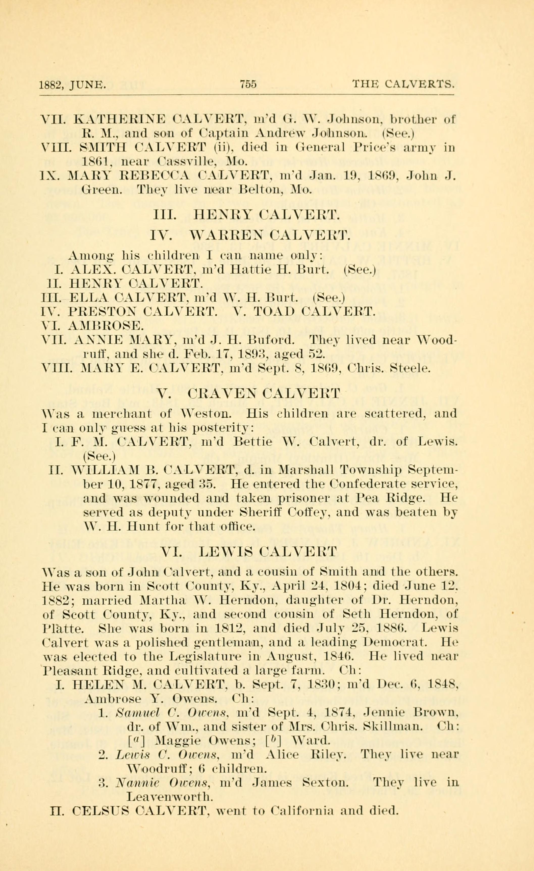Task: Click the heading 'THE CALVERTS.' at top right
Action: pos(403,85)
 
